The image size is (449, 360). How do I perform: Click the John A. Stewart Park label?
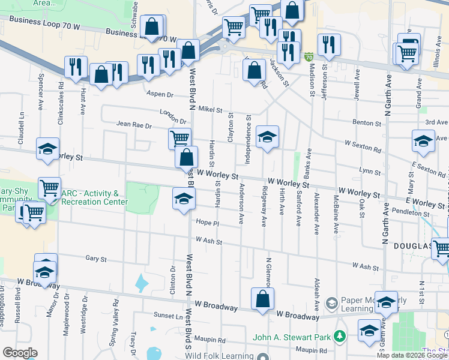[295, 337]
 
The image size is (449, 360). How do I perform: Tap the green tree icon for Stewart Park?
[340, 336]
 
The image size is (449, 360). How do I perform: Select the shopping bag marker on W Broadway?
[262, 300]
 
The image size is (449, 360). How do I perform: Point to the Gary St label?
[96, 259]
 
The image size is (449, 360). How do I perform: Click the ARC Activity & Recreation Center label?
[94, 197]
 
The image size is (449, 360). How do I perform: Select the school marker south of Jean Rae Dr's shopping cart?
[184, 200]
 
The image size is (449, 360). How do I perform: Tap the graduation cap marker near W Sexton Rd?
[423, 141]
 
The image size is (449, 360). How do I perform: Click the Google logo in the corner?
[20, 353]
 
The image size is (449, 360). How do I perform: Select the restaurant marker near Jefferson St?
[329, 45]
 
